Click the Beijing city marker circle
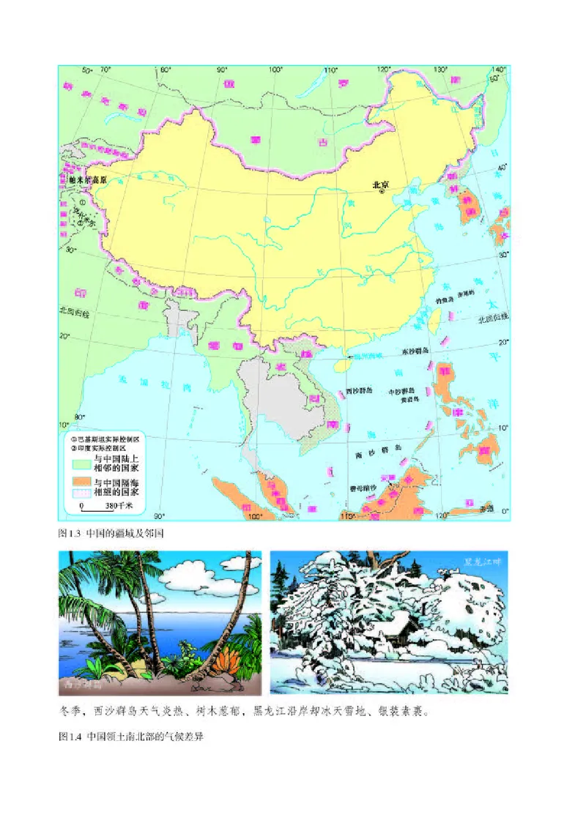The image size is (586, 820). pyautogui.click(x=381, y=195)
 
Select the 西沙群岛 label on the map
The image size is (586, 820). pyautogui.click(x=357, y=391)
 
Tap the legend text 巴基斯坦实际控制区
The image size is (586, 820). pyautogui.click(x=109, y=438)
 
